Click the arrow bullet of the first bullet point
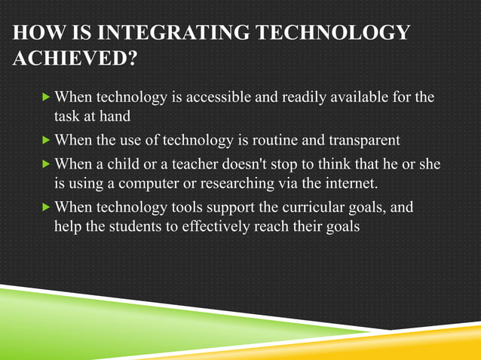coord(48,98)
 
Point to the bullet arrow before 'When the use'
coord(48,139)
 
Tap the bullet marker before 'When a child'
coord(48,163)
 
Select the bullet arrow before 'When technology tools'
coord(48,206)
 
